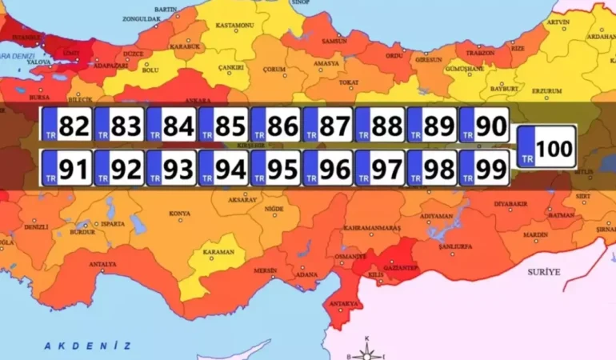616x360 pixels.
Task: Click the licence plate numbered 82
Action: point(66,125)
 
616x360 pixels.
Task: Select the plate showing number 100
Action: point(547,147)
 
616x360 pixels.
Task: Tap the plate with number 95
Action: point(275,169)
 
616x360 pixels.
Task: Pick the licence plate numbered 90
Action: point(483,125)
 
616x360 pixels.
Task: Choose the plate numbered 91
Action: point(66,169)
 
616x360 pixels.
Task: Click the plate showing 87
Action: point(327,125)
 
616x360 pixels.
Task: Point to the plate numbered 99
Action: point(483,169)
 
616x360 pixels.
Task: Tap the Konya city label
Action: point(179,214)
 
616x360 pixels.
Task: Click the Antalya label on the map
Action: point(103,264)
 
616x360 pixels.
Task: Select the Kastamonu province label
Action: point(233,26)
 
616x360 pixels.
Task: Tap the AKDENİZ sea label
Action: point(87,346)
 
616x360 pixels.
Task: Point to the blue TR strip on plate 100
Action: point(527,147)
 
